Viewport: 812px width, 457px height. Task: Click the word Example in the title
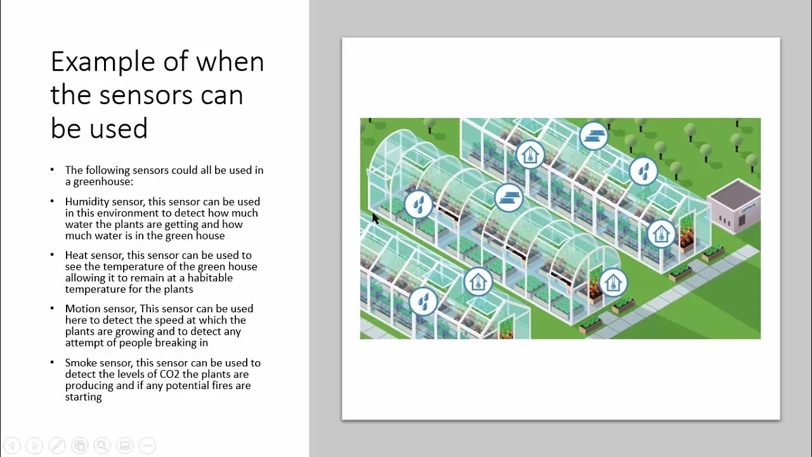tap(103, 62)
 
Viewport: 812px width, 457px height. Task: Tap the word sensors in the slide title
tap(146, 95)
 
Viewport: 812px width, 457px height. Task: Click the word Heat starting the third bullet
tap(76, 255)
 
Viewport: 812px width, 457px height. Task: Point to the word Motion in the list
tap(82, 308)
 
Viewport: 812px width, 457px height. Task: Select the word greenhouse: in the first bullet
tap(103, 182)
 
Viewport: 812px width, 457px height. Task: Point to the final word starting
tap(83, 397)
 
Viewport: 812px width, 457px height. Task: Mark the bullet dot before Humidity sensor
tap(52, 201)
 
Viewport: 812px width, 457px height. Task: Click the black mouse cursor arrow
tap(376, 219)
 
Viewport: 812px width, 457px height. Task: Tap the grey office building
tap(734, 206)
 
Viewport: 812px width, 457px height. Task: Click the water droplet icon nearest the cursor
tap(419, 204)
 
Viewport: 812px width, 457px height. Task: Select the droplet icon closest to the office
tap(643, 171)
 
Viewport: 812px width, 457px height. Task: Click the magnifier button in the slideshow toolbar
tap(102, 446)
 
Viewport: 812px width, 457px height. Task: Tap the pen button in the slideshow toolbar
tap(57, 446)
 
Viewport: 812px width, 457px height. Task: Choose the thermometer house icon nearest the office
tap(661, 234)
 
